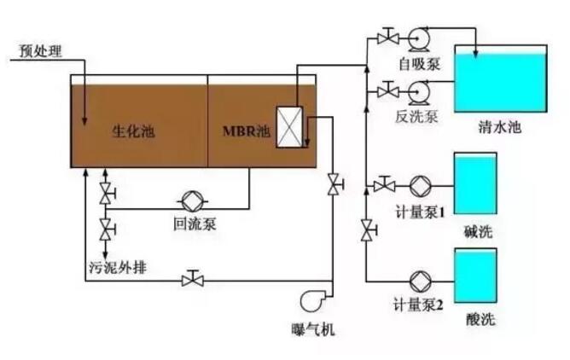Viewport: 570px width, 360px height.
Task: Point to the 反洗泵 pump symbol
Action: pyautogui.click(x=419, y=90)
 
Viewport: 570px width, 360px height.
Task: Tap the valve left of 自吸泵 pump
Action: pyautogui.click(x=387, y=38)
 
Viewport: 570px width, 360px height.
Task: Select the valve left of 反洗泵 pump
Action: pyautogui.click(x=387, y=90)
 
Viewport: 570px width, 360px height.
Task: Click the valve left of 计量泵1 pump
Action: pyautogui.click(x=383, y=184)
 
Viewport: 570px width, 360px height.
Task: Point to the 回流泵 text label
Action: pyautogui.click(x=191, y=225)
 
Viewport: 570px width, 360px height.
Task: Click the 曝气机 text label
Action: pyautogui.click(x=312, y=328)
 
